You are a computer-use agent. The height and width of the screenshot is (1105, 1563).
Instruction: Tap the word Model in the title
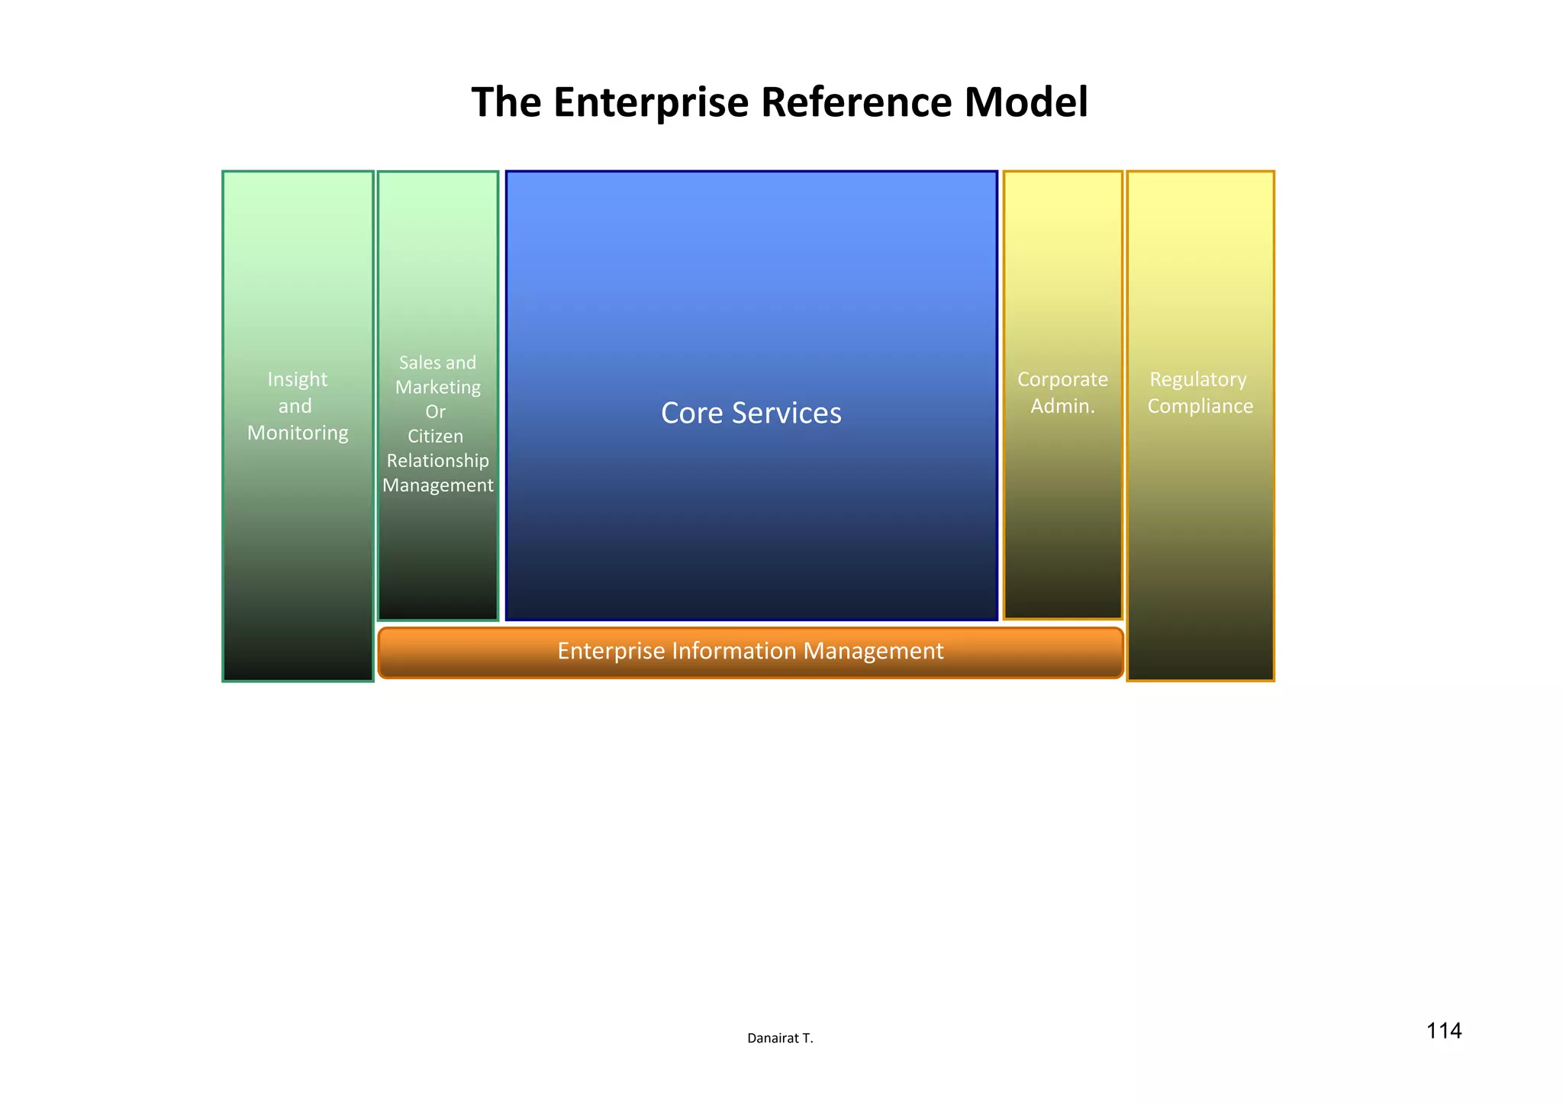click(1025, 102)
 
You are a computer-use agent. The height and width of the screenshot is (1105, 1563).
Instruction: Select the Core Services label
click(751, 413)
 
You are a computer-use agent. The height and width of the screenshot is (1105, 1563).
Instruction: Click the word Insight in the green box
click(297, 379)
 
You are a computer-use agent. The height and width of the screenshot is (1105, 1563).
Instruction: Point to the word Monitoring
click(298, 433)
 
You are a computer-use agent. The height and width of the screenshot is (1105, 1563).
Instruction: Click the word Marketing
click(437, 388)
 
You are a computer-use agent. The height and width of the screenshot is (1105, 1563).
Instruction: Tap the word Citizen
click(435, 437)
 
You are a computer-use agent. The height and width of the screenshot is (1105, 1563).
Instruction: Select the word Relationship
click(437, 461)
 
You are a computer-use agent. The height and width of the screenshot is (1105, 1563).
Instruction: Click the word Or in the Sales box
click(435, 412)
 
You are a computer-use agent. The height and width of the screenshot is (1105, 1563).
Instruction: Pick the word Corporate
click(1062, 379)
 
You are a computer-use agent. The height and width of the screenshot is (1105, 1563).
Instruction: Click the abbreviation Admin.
click(1062, 406)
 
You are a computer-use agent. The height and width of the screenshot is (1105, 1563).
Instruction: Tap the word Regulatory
click(1197, 379)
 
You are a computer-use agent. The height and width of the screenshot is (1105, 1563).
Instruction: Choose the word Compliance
click(1200, 406)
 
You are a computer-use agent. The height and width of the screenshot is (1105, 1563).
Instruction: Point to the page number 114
click(1443, 1031)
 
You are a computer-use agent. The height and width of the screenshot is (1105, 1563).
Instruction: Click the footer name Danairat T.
click(780, 1039)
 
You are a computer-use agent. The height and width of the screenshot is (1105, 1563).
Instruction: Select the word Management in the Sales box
click(437, 485)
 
